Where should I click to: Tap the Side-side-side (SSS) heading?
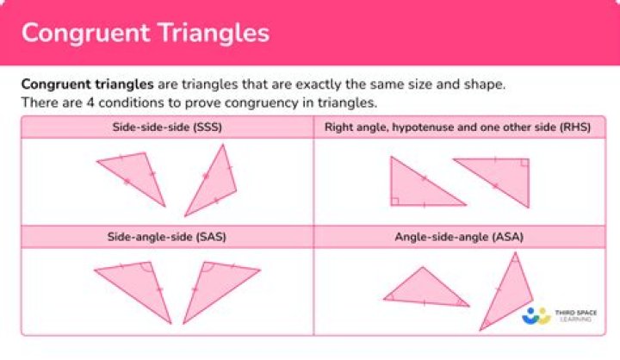click(x=157, y=127)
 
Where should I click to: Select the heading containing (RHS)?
click(x=464, y=127)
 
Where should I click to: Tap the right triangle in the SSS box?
click(x=213, y=183)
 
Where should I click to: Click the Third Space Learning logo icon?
click(x=536, y=316)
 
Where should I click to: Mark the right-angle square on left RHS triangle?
click(x=394, y=201)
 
